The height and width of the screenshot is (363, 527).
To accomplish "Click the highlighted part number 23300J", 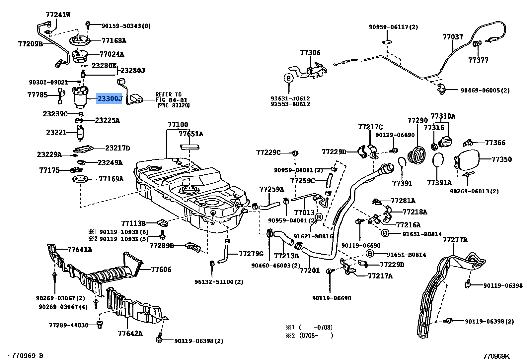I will click(x=109, y=99).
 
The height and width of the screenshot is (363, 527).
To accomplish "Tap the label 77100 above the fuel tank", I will click(x=178, y=125).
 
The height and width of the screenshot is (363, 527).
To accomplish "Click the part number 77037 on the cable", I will click(x=453, y=37).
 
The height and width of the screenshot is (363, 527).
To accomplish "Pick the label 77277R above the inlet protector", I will click(x=455, y=240).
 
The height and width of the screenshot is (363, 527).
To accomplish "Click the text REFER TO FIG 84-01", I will click(x=172, y=97).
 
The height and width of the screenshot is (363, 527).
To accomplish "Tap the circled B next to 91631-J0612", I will click(x=288, y=78).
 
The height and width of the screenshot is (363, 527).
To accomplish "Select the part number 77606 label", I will click(x=161, y=270).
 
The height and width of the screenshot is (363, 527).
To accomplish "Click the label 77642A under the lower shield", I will click(x=130, y=334).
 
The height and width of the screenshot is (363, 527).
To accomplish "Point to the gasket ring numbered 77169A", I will click(x=81, y=179).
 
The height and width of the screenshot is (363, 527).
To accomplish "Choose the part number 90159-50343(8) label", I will click(x=126, y=26).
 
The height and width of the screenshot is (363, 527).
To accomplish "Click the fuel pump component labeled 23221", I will click(x=80, y=133).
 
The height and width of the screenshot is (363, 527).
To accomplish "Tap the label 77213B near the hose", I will click(x=286, y=256).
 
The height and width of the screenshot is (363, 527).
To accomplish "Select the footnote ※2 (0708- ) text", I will click(x=309, y=335).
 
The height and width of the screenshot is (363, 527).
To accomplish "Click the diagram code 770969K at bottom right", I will click(x=496, y=356).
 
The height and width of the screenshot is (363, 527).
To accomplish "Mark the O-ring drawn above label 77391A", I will click(x=438, y=160).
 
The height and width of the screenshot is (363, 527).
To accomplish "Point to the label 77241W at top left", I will click(x=58, y=15).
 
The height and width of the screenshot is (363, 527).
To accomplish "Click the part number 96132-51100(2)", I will click(x=219, y=282).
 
